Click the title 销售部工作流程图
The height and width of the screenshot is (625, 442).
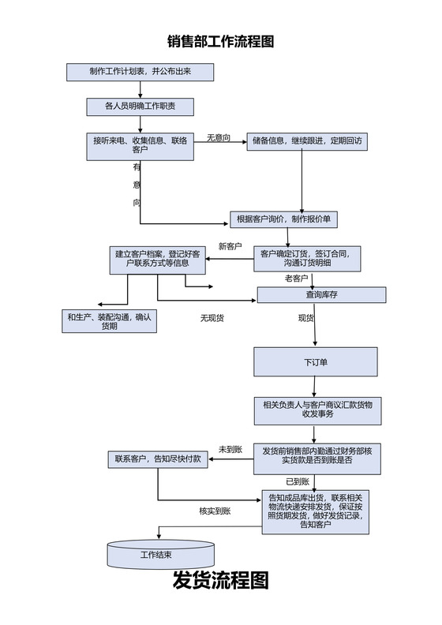(x=220, y=42)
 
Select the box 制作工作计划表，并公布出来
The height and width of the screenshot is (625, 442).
(x=140, y=72)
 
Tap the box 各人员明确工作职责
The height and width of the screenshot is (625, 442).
(x=140, y=106)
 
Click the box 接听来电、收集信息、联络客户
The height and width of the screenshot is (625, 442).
(x=140, y=145)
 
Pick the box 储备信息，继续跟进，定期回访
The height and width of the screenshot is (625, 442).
(x=307, y=141)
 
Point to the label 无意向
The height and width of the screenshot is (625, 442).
(x=219, y=138)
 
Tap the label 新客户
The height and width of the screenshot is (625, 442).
(x=230, y=246)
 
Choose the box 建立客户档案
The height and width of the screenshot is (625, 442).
(x=157, y=259)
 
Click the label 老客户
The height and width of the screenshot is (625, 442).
(x=296, y=279)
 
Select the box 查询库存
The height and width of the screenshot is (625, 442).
(x=321, y=295)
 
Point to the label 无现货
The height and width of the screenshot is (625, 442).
(x=212, y=318)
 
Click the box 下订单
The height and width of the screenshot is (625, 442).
(x=315, y=362)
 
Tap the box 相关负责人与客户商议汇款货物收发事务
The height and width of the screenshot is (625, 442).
(x=317, y=408)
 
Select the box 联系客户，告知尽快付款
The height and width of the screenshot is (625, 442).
(x=157, y=458)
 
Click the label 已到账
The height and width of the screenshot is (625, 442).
(x=297, y=481)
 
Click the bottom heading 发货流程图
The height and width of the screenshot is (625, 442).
(x=220, y=582)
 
